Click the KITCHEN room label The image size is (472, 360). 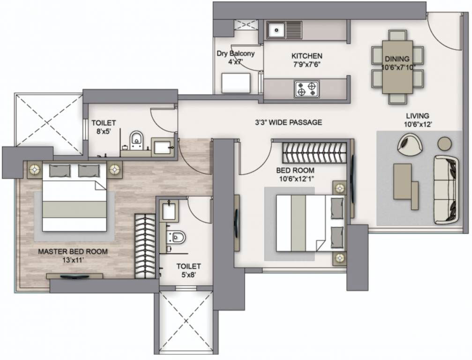click(307, 56)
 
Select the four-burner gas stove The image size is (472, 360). click(307, 89)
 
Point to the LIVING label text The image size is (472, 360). click(418, 116)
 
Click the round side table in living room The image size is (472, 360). click(444, 143)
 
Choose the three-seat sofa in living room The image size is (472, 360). click(446, 190)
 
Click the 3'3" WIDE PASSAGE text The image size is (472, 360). click(288, 122)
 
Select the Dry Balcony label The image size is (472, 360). click(235, 53)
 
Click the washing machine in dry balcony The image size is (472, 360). click(236, 83)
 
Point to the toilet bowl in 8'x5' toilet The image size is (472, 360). click(137, 140)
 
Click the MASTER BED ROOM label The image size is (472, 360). click(73, 252)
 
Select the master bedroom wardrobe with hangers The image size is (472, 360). click(145, 246)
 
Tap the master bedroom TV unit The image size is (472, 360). click(75, 276)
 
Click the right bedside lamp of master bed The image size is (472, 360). click(115, 169)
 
